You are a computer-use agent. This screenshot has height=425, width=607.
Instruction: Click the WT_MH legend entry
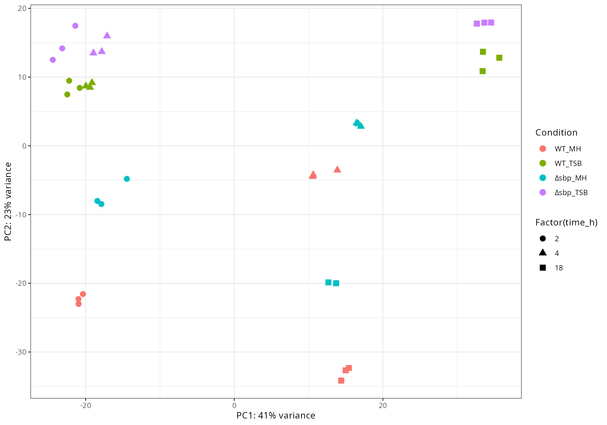point(567,149)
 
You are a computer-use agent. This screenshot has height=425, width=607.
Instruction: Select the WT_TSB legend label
point(568,164)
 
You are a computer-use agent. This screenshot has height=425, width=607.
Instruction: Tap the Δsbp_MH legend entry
point(570,178)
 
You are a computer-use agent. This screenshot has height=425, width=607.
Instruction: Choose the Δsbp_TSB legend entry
point(571,193)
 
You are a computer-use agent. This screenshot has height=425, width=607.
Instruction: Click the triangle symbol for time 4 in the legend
point(543,253)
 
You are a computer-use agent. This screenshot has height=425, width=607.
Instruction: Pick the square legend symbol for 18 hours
point(543,268)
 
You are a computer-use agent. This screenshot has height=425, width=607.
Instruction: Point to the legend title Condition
point(556,133)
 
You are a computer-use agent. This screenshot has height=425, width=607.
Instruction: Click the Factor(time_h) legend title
point(566,222)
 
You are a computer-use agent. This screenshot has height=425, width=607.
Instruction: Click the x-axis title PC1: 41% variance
point(276,416)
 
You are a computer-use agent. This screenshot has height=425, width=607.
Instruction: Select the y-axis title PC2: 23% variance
point(8,202)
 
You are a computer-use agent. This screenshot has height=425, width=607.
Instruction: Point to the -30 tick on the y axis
point(21,352)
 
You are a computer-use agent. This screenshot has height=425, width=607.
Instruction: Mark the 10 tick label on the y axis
point(22,77)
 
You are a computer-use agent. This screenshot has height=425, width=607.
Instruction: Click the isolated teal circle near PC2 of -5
point(127,179)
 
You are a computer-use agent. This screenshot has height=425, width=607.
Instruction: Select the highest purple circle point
point(75,26)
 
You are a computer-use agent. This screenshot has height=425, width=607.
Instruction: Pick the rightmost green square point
point(499,58)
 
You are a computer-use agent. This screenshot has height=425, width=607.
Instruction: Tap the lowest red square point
point(341,380)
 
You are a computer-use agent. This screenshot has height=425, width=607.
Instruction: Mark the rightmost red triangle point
point(337,169)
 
